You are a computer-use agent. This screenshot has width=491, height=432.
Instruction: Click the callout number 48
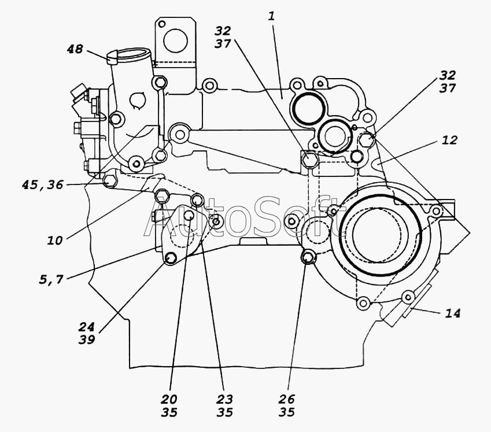(x=75, y=49)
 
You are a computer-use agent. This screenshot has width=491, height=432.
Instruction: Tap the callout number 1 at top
(x=271, y=16)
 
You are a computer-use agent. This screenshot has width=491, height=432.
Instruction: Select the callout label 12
(x=450, y=140)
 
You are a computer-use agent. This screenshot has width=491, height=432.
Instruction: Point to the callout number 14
(x=453, y=313)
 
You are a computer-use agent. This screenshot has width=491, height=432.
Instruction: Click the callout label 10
(x=55, y=241)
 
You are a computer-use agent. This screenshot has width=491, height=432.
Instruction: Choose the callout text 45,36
(x=43, y=184)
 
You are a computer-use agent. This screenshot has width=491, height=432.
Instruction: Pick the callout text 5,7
(x=51, y=279)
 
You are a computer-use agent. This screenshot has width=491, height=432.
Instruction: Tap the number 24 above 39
(x=86, y=327)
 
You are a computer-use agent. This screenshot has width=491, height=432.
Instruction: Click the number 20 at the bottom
(x=169, y=399)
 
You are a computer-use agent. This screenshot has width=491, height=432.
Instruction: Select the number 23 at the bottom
(x=224, y=399)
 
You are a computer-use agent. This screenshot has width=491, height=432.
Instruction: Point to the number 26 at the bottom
(x=287, y=399)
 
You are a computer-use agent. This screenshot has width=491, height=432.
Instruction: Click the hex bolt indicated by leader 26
(x=308, y=257)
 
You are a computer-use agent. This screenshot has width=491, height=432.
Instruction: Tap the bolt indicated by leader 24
(x=171, y=259)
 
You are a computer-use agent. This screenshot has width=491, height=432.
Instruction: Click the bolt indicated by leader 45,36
(x=110, y=181)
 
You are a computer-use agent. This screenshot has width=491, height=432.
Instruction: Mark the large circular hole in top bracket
(x=175, y=40)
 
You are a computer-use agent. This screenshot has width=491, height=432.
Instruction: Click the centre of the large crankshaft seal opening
(x=376, y=234)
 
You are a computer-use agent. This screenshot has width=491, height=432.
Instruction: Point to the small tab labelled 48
(x=112, y=58)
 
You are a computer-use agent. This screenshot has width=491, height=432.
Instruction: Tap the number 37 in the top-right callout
(x=448, y=88)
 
